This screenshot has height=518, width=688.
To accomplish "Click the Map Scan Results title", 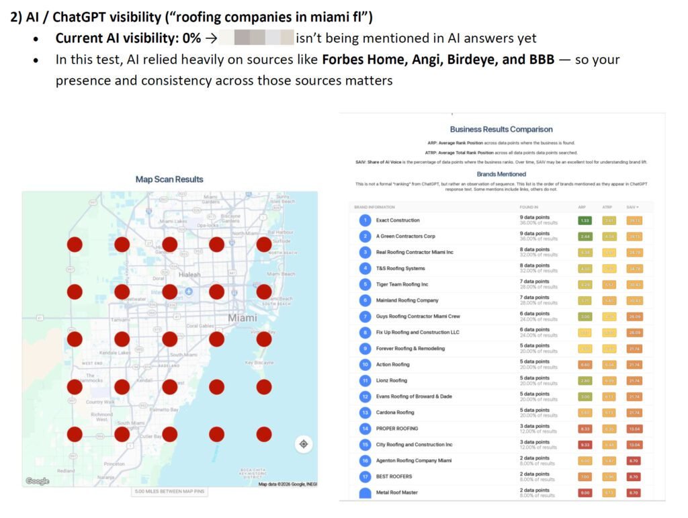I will point(169,179).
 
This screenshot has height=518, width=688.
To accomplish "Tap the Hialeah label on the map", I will point(189,274).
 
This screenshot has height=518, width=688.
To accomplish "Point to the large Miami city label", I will point(242,317).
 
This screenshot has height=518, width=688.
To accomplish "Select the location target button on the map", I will point(303,444).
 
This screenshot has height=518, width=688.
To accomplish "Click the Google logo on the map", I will point(37,481).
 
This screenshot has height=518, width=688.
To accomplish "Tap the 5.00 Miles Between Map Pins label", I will point(169,492).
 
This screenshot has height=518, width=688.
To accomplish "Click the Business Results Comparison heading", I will point(501,129).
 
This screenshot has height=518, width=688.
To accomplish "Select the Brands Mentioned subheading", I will point(501,174).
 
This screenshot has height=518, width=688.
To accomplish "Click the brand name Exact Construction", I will point(398,220).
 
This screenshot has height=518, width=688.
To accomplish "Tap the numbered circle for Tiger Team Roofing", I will point(365,284).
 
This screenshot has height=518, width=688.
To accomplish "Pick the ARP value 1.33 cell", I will point(585,220).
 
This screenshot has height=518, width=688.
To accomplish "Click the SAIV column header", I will point(632,207).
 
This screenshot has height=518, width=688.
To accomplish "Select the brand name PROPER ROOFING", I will point(397,429).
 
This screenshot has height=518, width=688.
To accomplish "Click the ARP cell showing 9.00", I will point(585,492).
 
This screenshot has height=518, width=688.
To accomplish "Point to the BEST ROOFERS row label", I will point(394,476).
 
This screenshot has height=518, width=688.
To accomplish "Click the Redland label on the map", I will point(67,471).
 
